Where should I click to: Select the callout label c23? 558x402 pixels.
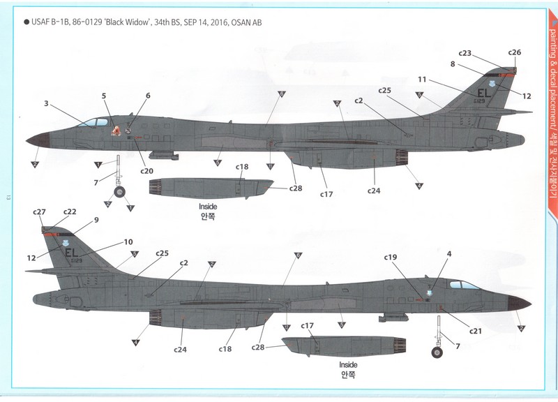point(465,53)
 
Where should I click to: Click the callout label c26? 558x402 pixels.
point(514,52)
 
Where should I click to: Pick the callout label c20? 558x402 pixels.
point(146,171)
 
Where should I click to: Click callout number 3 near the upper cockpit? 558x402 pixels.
point(46,103)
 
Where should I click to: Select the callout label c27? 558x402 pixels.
point(39,212)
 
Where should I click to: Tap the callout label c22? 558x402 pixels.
point(70,212)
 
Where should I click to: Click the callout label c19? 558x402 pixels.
point(390,257)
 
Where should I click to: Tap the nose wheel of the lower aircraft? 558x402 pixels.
point(437,353)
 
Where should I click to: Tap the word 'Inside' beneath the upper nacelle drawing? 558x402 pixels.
point(209,206)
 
